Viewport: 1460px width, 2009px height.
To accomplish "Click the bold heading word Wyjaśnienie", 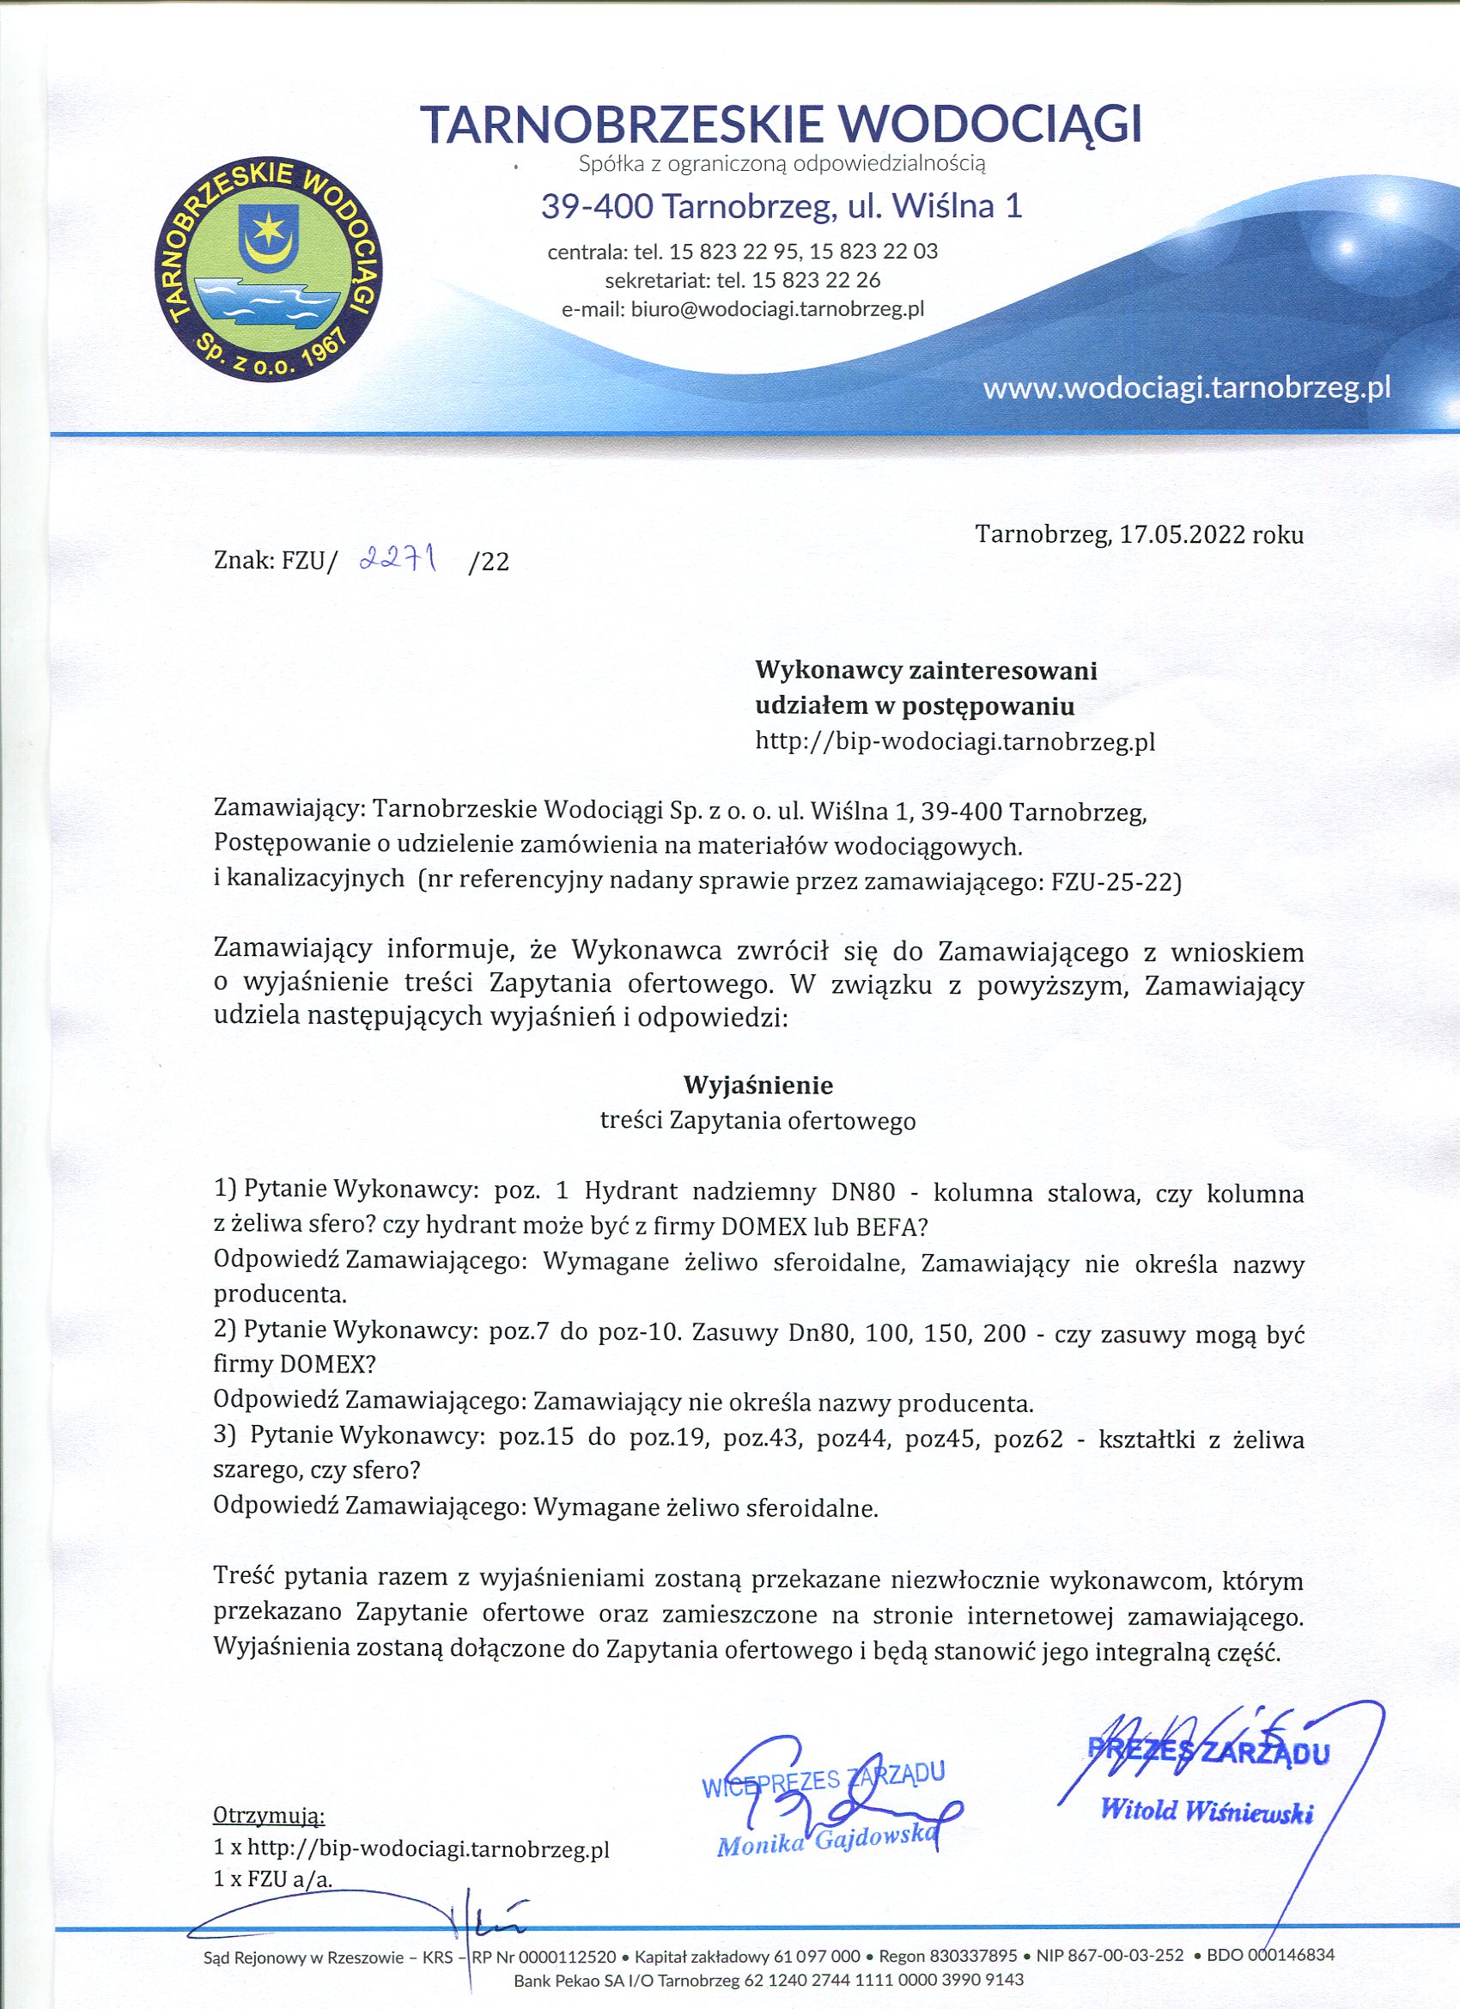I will (757, 1084).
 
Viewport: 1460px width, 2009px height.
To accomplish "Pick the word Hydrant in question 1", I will (630, 1192).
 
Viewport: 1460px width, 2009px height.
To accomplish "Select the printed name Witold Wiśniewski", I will (1206, 1811).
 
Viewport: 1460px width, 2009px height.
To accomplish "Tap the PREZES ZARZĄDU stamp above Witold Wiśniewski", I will (1208, 1751).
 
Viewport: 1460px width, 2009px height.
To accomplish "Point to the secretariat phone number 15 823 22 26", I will (816, 280).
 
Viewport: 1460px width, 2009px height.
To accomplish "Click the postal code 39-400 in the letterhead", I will (597, 206).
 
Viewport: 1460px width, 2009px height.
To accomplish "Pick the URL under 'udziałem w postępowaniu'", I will (955, 740).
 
